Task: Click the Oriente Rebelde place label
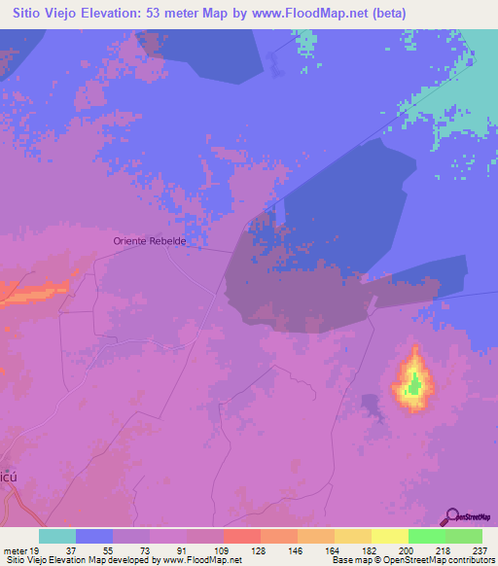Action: click(150, 240)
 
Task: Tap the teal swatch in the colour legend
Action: click(57, 535)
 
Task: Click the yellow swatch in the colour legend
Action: click(390, 535)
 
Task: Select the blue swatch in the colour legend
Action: click(94, 535)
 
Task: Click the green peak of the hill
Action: click(415, 386)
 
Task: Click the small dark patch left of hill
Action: click(370, 402)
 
